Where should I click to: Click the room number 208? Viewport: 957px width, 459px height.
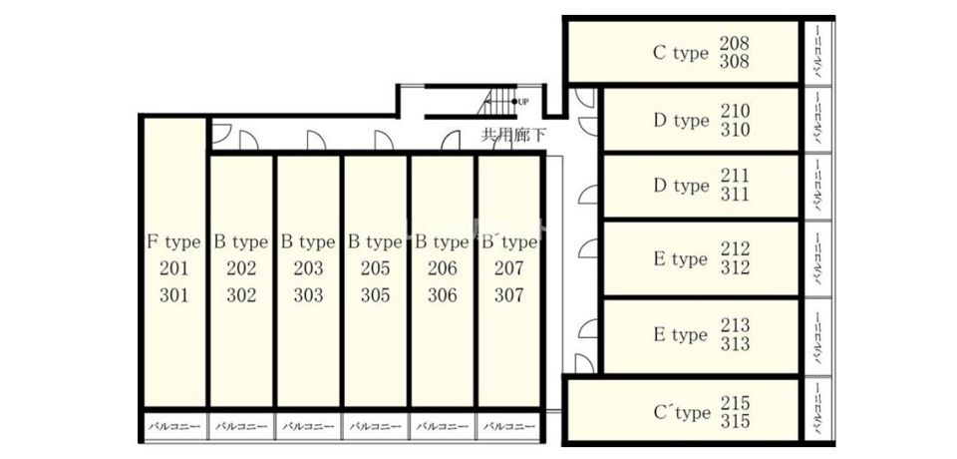(734, 44)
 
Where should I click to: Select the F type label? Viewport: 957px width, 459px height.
(173, 241)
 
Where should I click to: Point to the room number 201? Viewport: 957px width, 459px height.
(173, 268)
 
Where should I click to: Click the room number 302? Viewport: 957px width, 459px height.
(241, 295)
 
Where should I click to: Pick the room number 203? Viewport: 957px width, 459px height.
(308, 268)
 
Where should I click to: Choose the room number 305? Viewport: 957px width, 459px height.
(376, 295)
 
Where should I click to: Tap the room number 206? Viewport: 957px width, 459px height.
(442, 268)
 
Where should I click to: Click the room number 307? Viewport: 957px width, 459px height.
(509, 295)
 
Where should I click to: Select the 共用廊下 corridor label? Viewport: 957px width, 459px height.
(513, 135)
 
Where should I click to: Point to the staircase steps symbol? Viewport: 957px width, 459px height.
(497, 102)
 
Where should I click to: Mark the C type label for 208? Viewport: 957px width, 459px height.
(680, 54)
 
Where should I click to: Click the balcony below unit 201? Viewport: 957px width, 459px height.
(174, 426)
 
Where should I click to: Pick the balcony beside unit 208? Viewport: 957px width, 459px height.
(818, 53)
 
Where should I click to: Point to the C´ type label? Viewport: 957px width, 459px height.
(682, 412)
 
